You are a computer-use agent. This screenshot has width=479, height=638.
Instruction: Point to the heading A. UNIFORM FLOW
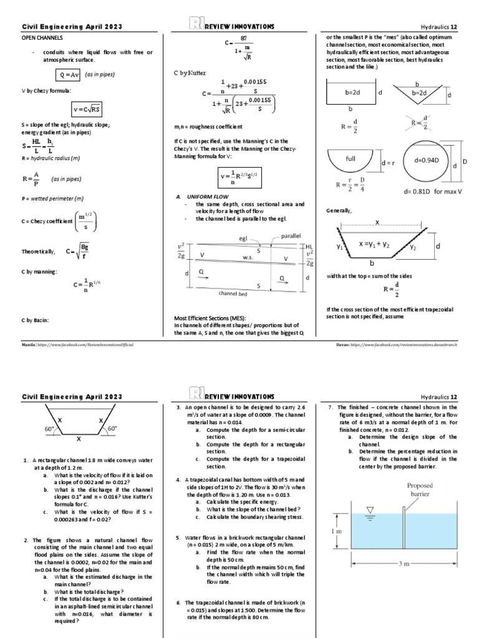click(203, 197)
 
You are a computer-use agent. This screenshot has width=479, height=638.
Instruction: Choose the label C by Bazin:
click(38, 320)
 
